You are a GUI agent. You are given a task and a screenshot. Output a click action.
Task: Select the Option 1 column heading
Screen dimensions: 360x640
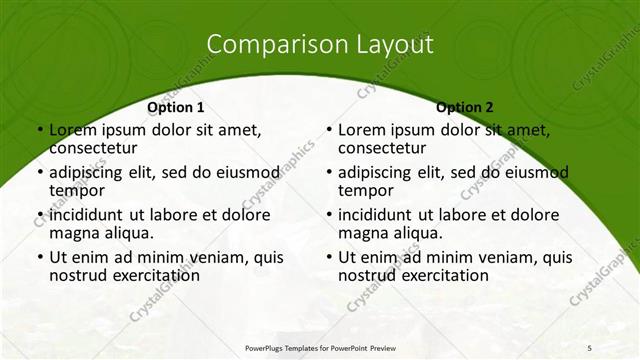pos(176,107)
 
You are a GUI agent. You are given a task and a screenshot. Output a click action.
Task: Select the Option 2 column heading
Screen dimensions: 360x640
pos(465,107)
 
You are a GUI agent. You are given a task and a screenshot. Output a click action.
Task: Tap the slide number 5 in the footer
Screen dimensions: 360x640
pos(589,347)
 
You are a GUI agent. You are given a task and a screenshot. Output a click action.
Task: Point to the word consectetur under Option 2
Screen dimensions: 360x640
pos(380,148)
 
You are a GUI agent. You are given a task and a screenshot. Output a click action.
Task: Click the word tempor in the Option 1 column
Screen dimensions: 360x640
pos(77,190)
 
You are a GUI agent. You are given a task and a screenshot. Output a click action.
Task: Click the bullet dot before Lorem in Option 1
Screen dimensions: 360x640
pos(39,130)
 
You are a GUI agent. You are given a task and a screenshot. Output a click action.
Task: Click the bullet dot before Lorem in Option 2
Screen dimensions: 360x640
pos(328,130)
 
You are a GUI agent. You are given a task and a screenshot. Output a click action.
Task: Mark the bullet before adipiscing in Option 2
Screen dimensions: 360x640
pos(328,172)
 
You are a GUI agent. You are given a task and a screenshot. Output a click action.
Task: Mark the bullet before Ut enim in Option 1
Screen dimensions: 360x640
pos(39,257)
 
